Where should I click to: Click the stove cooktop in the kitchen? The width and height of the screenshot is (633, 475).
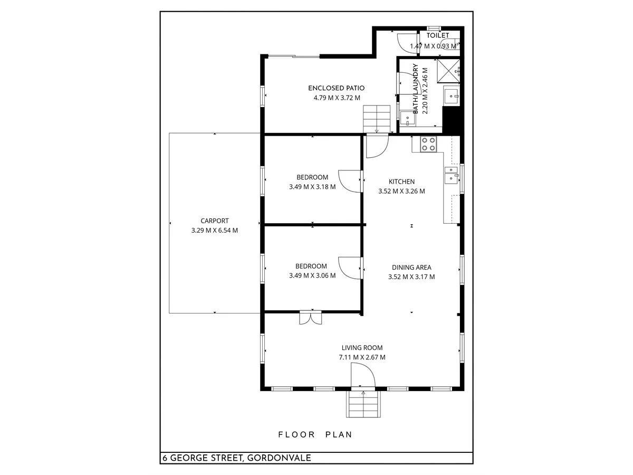428,144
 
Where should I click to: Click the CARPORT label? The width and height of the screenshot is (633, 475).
215,221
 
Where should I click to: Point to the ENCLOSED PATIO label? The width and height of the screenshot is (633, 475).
336,88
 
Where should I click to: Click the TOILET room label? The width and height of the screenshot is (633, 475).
438,35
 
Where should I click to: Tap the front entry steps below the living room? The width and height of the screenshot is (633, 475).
363,405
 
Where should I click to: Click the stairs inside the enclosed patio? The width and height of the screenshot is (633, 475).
376,118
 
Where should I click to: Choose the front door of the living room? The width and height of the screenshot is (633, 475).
363,377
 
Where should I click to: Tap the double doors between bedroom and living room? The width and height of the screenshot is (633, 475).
310,318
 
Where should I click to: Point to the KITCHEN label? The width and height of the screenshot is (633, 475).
401,182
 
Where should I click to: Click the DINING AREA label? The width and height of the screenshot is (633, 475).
411,268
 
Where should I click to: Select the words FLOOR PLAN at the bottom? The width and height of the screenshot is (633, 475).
315,435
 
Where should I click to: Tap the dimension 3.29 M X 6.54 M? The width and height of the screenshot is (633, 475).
215,231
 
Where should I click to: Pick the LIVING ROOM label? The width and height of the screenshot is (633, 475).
362,348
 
